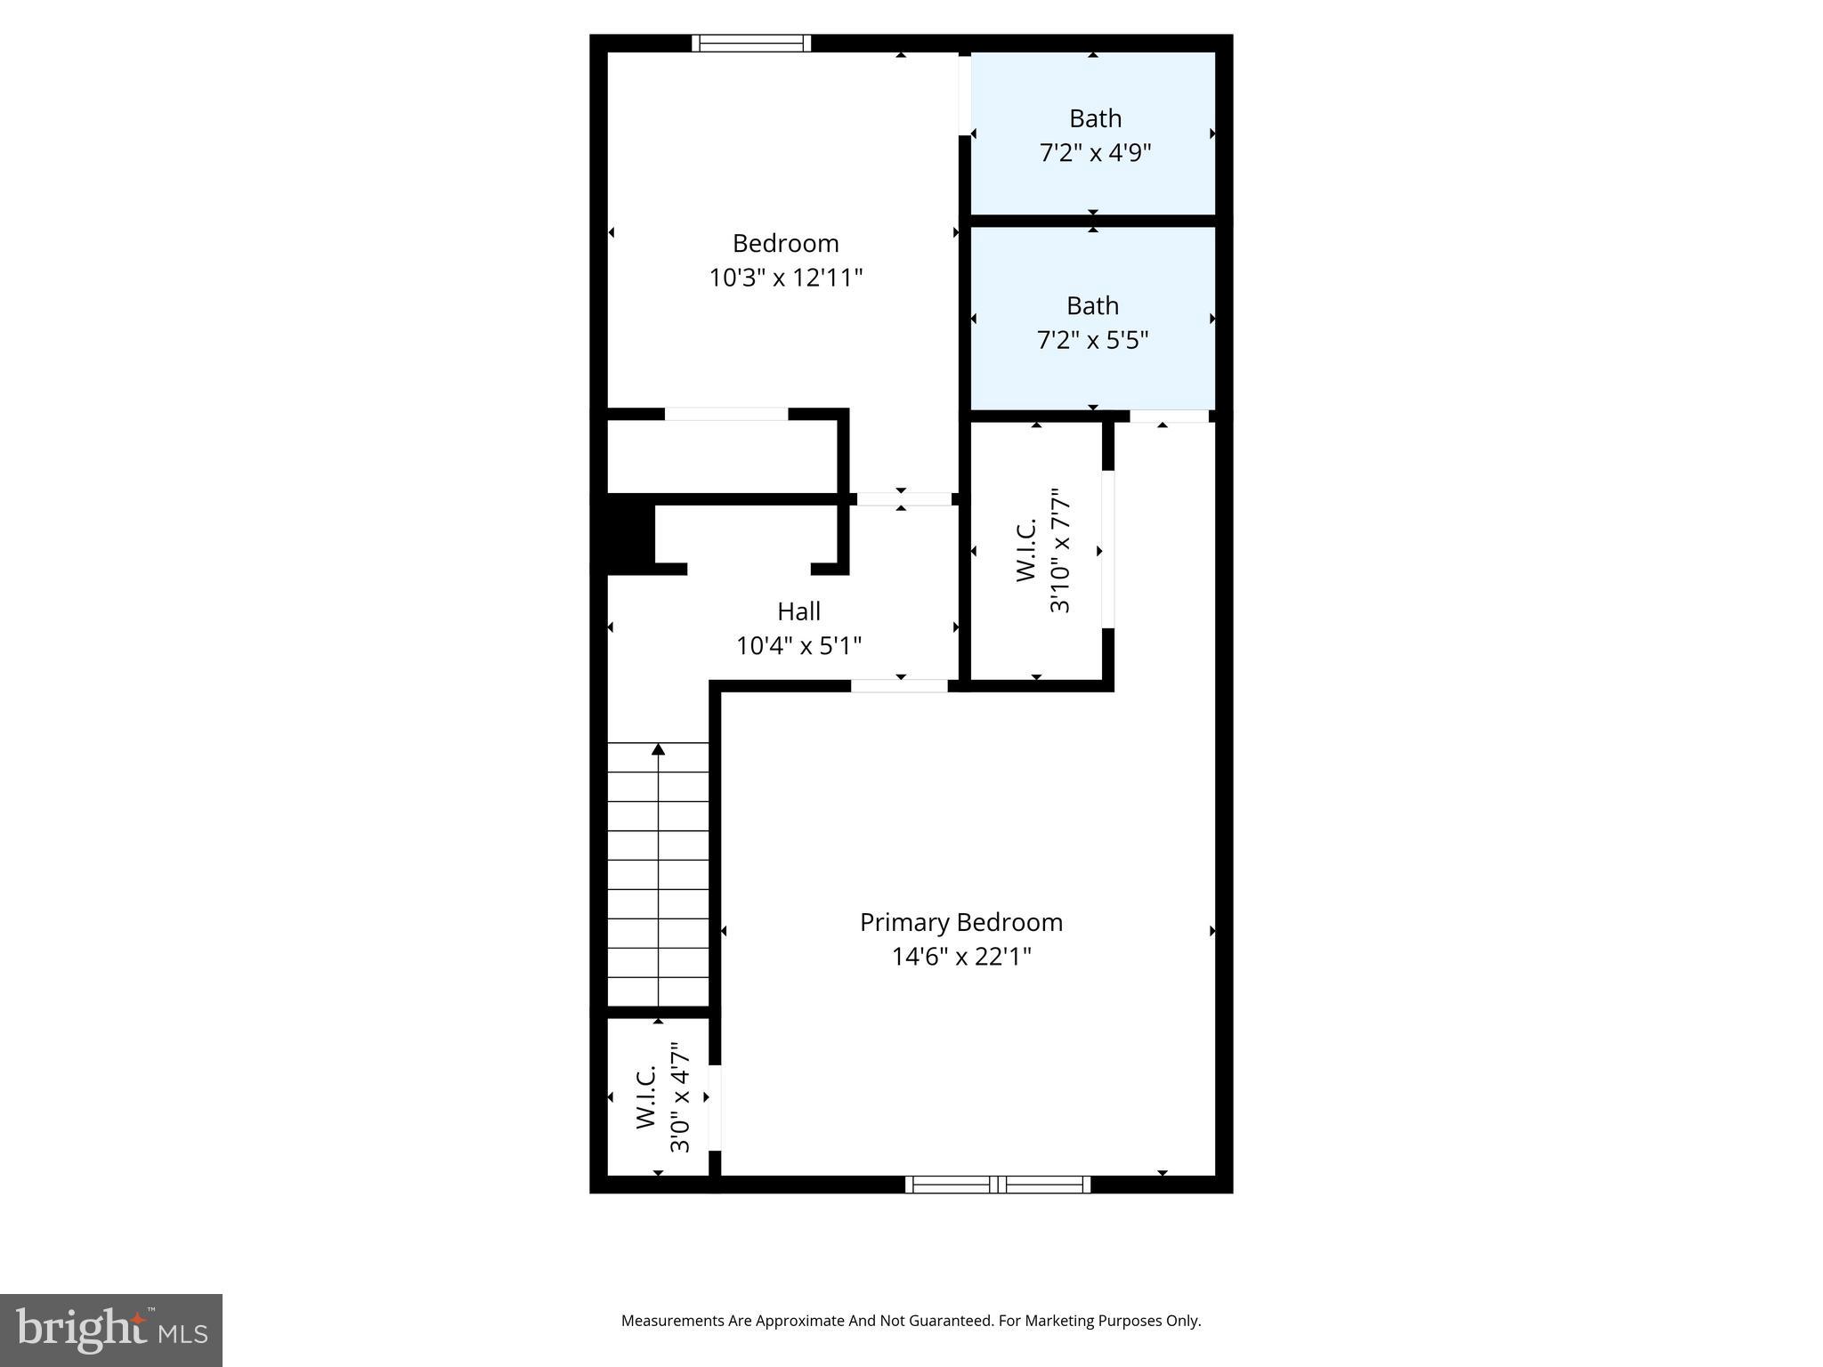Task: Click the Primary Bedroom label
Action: click(x=960, y=922)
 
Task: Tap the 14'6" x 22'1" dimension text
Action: click(x=961, y=957)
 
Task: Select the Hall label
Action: click(x=798, y=611)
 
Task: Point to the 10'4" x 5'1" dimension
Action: click(x=798, y=645)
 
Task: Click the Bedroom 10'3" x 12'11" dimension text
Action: click(x=785, y=278)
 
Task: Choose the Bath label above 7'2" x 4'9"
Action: click(x=1095, y=118)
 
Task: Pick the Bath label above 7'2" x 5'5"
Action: click(x=1092, y=306)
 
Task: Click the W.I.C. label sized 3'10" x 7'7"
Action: click(x=1026, y=551)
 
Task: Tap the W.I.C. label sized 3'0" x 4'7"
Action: click(x=646, y=1097)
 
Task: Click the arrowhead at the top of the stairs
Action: click(x=658, y=749)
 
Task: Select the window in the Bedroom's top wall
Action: click(x=751, y=43)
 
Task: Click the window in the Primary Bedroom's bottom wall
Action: click(x=998, y=1184)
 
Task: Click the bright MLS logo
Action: click(x=111, y=1330)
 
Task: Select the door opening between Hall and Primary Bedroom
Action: click(x=899, y=685)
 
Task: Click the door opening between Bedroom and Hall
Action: click(x=901, y=498)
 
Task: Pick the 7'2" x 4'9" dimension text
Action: click(x=1095, y=153)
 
